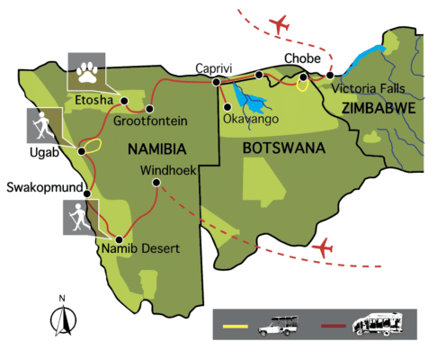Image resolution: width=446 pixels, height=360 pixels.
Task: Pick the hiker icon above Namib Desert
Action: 80,217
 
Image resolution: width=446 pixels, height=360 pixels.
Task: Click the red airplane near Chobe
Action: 281,22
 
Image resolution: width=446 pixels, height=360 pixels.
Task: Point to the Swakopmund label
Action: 43,189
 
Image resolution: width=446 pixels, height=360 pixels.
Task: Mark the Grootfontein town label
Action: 149,120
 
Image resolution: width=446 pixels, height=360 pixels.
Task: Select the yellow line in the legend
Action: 235,322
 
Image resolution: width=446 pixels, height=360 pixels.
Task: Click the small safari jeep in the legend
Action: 278,322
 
